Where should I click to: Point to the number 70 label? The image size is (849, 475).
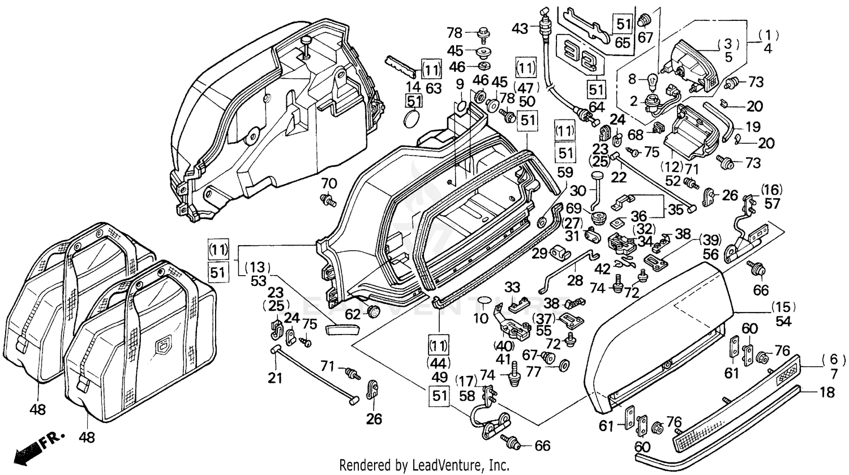[x=329, y=183]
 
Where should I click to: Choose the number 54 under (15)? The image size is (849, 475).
[x=783, y=321]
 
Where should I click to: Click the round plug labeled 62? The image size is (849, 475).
[x=373, y=311]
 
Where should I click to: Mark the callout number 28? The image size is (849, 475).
[x=576, y=281]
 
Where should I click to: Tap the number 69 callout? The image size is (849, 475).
[x=573, y=208]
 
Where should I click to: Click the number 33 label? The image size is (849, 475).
[x=512, y=286]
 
